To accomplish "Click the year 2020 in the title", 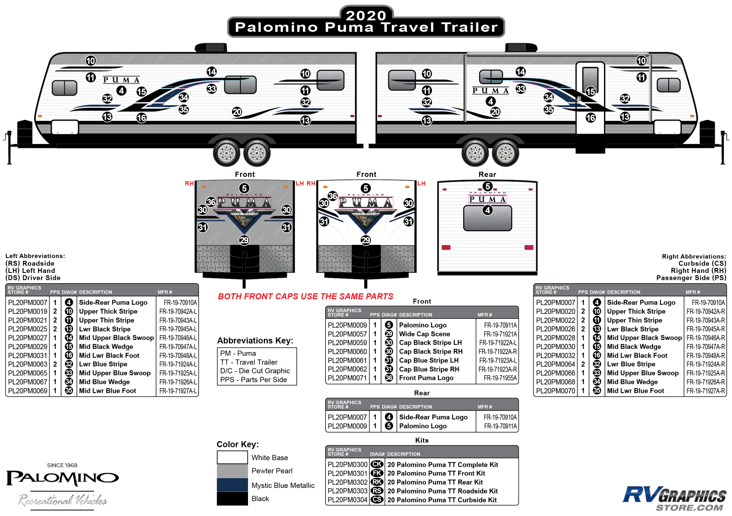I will click(x=366, y=15).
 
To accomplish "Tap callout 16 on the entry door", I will click(x=591, y=118).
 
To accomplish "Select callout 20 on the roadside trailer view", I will click(x=237, y=112).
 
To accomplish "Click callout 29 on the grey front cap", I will click(x=244, y=240).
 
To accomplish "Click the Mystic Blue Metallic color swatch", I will click(x=232, y=485).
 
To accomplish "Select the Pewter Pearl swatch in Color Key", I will click(x=232, y=471).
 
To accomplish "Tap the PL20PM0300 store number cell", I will click(x=347, y=465).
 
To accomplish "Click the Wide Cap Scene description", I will click(x=424, y=334).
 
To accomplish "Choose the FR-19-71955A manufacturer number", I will click(x=500, y=378).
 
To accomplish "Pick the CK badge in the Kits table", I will click(x=377, y=465).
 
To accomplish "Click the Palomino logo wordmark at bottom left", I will click(x=62, y=479).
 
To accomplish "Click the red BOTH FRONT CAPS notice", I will click(x=305, y=297).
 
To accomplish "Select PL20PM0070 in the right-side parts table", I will click(x=555, y=391).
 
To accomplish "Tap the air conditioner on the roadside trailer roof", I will click(x=211, y=48).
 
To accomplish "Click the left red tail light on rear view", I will click(x=446, y=247).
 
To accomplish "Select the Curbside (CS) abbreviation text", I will click(x=702, y=264).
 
